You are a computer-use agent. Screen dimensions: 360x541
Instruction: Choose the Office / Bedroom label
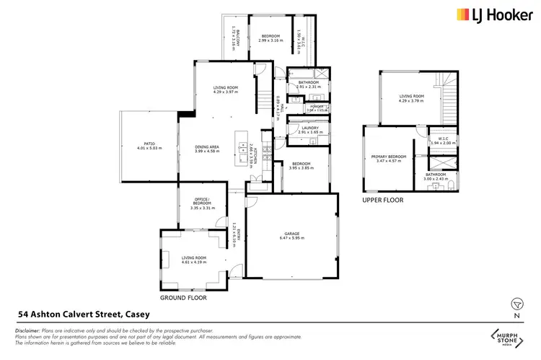(203, 205)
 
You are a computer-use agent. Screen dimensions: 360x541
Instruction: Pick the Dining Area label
(207, 149)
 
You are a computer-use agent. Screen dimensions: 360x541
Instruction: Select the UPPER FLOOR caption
(384, 200)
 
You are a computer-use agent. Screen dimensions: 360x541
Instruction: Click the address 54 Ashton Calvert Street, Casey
(90, 315)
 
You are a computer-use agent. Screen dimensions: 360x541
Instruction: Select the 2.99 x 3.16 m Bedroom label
(270, 38)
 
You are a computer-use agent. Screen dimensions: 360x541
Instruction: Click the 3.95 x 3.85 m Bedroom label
(303, 165)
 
